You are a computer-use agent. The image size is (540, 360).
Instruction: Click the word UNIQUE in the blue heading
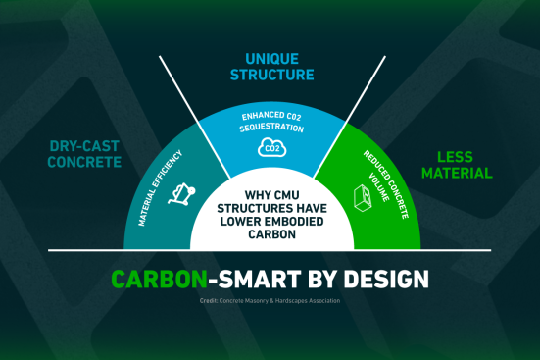(x=271, y=59)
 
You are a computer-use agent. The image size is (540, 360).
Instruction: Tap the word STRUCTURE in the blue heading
(x=272, y=75)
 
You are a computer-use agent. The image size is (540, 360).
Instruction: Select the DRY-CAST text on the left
(x=84, y=146)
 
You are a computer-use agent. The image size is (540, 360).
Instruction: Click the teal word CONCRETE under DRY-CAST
(x=84, y=162)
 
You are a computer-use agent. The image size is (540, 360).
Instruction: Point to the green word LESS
(x=455, y=157)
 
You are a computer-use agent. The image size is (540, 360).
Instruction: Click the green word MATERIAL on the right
(x=457, y=173)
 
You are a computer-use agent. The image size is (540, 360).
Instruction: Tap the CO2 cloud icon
(x=272, y=147)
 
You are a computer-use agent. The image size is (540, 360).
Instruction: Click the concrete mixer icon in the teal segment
(x=181, y=194)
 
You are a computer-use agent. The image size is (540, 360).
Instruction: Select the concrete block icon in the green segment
(x=363, y=197)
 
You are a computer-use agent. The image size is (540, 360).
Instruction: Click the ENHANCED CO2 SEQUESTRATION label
(x=271, y=122)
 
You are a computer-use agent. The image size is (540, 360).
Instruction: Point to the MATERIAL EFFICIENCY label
(x=160, y=188)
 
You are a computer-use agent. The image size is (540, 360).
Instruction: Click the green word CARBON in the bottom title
(x=159, y=279)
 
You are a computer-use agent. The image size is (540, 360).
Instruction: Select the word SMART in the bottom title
(x=260, y=279)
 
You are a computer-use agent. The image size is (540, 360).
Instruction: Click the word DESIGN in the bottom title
(x=386, y=279)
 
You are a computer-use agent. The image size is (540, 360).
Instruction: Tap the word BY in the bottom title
(x=322, y=279)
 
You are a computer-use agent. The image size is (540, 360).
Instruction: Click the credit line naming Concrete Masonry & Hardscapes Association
(x=270, y=301)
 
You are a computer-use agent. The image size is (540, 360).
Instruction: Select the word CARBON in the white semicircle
(x=272, y=234)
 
